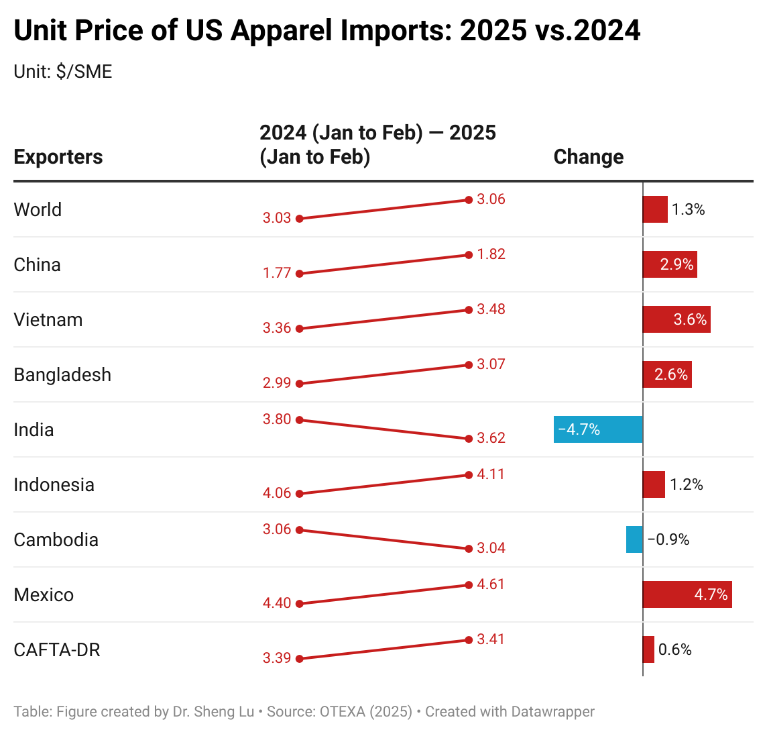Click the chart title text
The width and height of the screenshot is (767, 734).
tap(327, 31)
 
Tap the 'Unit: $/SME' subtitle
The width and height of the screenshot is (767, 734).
tap(63, 72)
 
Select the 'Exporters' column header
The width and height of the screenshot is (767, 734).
tap(58, 157)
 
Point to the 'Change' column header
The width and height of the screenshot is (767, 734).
tap(589, 157)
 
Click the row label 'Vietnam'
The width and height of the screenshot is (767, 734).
tap(48, 320)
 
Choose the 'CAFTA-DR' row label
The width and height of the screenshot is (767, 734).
tap(57, 650)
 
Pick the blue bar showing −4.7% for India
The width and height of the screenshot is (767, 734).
tap(598, 429)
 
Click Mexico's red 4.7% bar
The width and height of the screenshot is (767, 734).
tap(687, 594)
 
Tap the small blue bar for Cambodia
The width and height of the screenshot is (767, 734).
tap(634, 539)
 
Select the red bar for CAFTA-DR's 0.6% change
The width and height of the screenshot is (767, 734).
tap(648, 649)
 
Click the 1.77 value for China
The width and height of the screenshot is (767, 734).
tap(277, 273)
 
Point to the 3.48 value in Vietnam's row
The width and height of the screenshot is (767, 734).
tap(491, 309)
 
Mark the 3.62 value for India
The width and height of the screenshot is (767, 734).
tap(491, 438)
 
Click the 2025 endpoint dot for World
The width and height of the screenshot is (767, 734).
tap(468, 200)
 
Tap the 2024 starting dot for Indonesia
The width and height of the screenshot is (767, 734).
tap(300, 494)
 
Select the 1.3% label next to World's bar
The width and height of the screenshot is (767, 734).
tap(689, 210)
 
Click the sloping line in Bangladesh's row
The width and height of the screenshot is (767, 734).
tap(383, 374)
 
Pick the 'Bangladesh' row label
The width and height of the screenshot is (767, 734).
tap(62, 375)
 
